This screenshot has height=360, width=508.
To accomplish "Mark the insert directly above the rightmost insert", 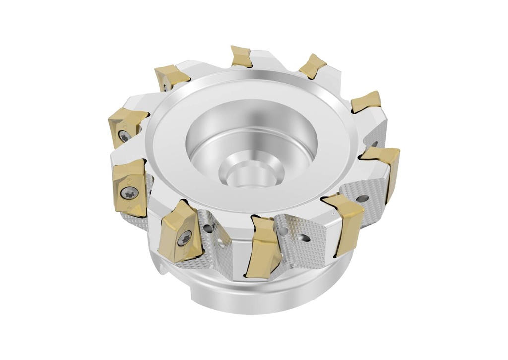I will (x=366, y=102).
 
